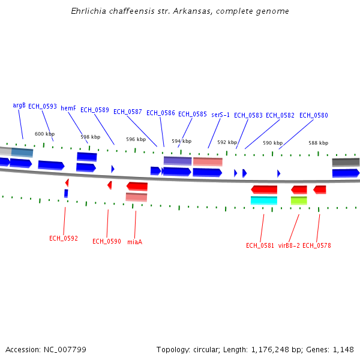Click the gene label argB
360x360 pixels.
coord(19,105)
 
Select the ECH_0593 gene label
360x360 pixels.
coord(43,106)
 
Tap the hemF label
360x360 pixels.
coord(68,108)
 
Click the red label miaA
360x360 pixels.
coord(134,242)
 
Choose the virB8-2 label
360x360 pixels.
coord(289,245)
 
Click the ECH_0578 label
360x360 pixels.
coord(316,245)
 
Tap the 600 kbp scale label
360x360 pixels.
coord(44,134)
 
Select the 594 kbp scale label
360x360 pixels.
coord(181,141)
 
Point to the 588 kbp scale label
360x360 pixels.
coord(318,143)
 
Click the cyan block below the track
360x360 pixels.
coord(264,200)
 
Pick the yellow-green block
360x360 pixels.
coord(299,200)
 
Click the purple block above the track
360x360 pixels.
coord(178,161)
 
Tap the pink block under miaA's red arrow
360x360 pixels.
coord(136,197)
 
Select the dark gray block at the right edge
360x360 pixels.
coord(346,162)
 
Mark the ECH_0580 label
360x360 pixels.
coord(314,115)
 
